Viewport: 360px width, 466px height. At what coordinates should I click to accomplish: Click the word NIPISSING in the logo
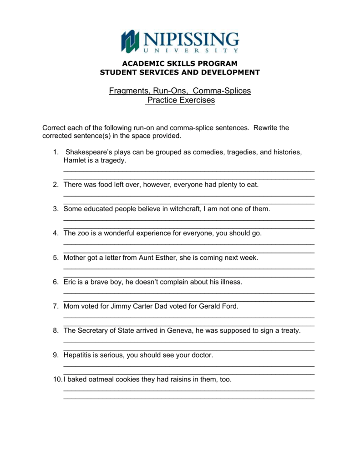(x=190, y=38)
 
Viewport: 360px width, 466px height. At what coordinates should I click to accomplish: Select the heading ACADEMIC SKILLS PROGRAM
(x=180, y=63)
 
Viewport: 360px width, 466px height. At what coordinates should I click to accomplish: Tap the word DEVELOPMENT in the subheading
(x=227, y=72)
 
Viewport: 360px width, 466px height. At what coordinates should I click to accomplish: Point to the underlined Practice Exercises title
(x=180, y=100)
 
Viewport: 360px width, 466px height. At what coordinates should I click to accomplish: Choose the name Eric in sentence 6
(x=70, y=282)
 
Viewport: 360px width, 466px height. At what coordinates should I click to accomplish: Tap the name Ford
(x=229, y=306)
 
